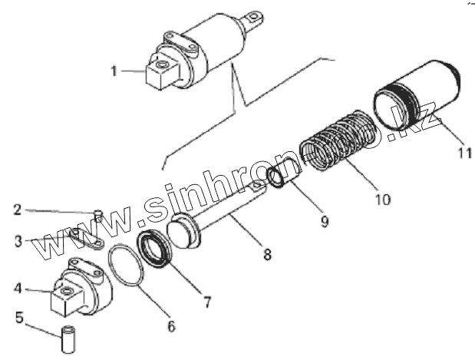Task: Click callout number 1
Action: [114, 71]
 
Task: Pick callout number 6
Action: [171, 326]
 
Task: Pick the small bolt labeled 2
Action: [99, 217]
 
